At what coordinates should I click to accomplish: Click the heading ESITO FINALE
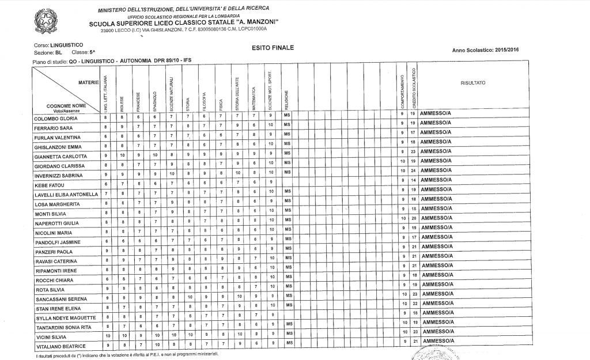coord(273,48)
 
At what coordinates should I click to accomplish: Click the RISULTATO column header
coord(473,84)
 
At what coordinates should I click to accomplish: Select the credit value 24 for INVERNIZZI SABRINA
coord(413,170)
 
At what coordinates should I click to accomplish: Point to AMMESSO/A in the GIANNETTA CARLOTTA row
coord(436,151)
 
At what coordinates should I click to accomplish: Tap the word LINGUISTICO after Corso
coord(67,44)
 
